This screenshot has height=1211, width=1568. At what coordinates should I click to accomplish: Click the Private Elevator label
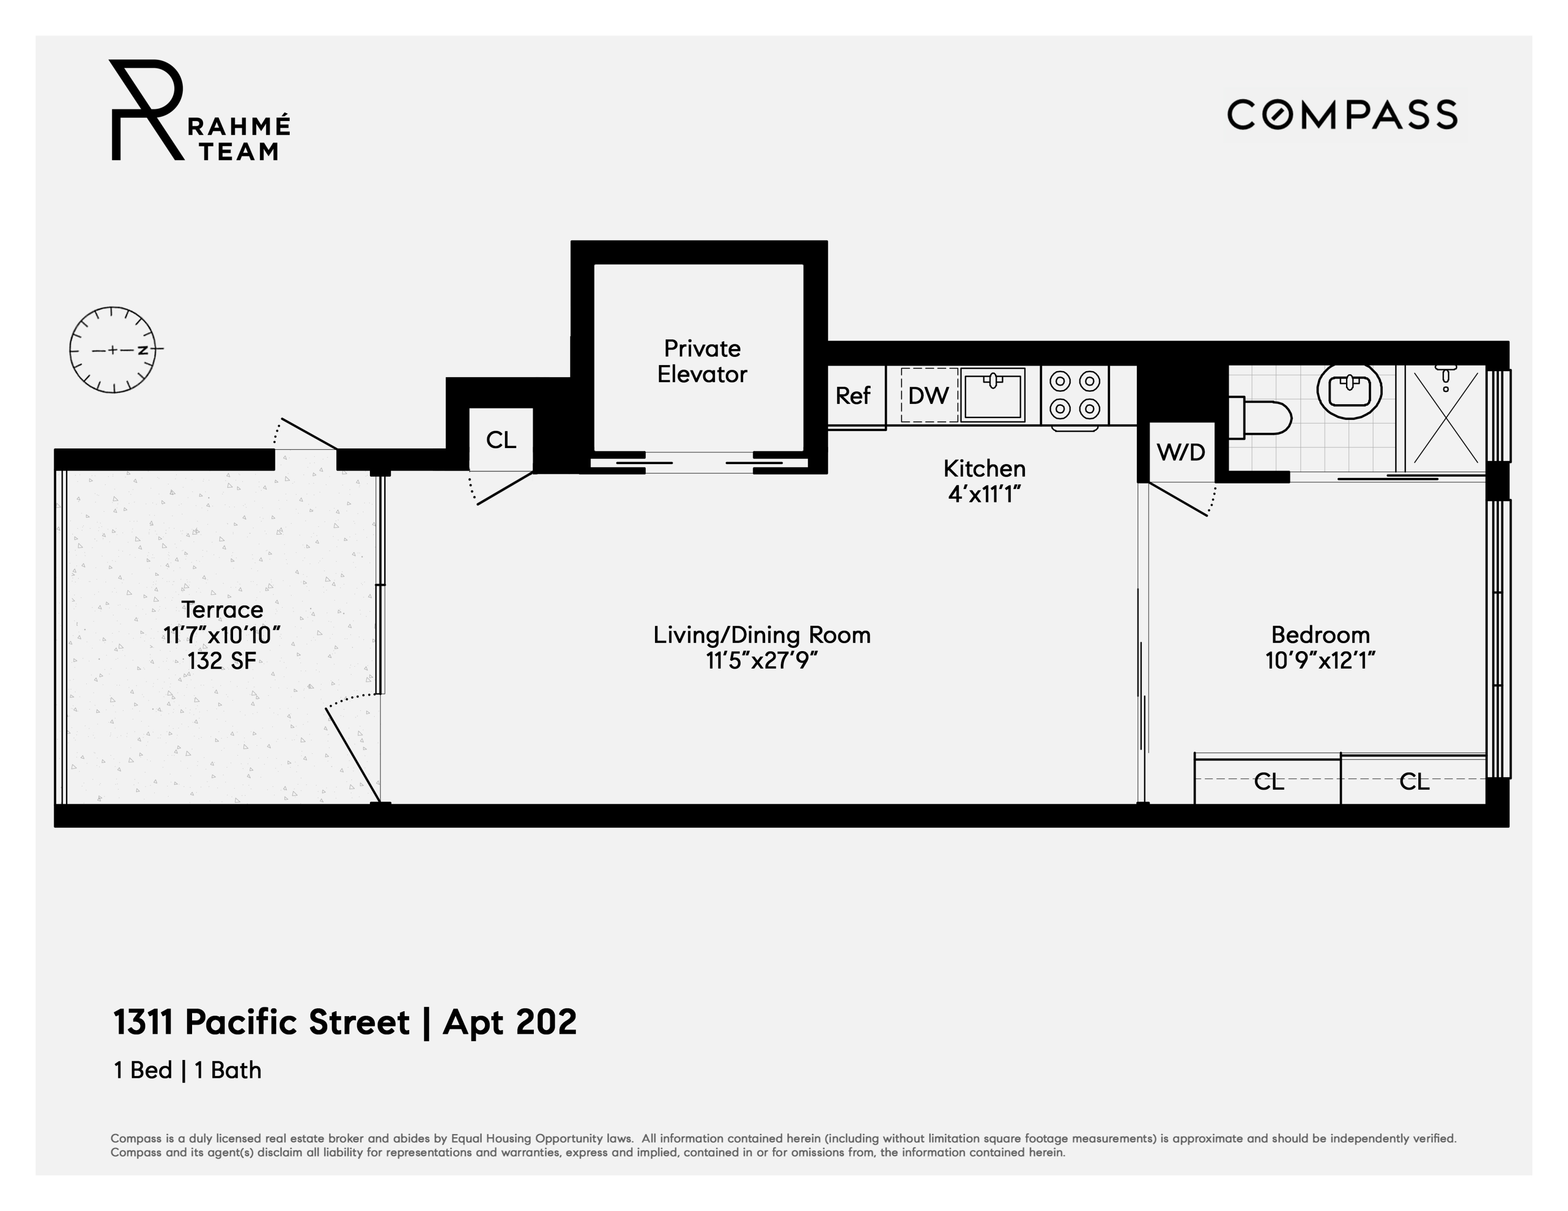point(702,361)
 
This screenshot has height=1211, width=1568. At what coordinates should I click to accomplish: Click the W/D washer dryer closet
point(1181,452)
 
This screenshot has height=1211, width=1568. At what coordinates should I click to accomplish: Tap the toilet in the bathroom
point(1260,418)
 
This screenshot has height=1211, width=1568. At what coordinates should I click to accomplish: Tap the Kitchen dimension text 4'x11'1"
point(984,495)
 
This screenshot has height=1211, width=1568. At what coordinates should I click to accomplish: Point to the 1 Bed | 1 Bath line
point(187,1070)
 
